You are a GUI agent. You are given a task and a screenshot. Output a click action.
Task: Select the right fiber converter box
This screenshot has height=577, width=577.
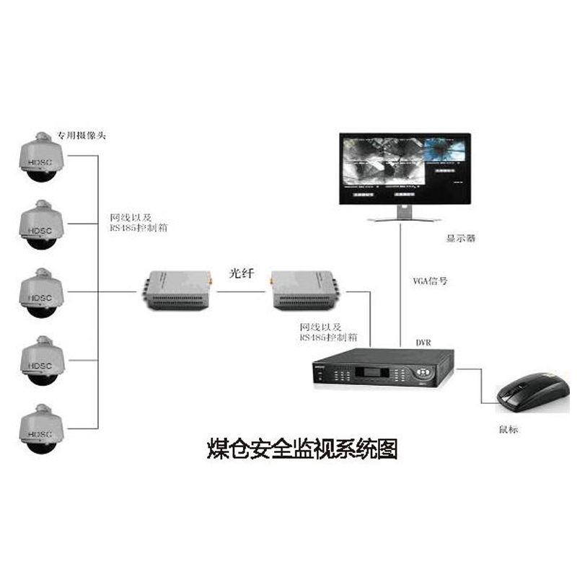(x=303, y=290)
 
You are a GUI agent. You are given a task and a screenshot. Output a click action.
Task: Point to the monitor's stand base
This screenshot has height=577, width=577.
(x=404, y=218)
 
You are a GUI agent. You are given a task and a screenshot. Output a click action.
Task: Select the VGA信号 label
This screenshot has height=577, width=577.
(x=430, y=280)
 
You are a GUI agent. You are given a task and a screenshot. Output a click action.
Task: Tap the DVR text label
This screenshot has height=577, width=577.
(x=423, y=342)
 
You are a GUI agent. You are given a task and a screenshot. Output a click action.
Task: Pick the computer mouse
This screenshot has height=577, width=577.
(x=530, y=394)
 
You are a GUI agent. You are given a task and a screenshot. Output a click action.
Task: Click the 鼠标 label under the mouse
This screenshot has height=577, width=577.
(x=508, y=430)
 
